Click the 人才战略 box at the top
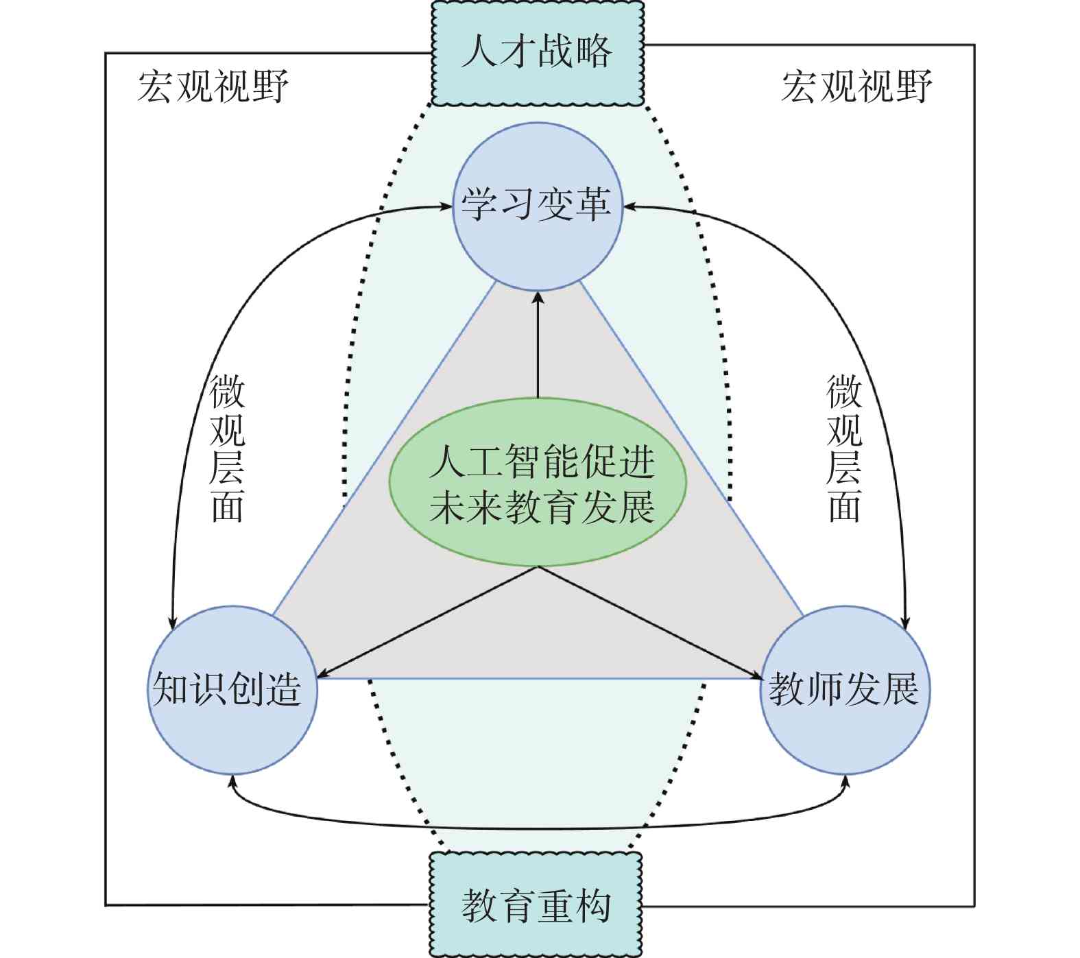(x=537, y=53)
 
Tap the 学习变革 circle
(x=538, y=206)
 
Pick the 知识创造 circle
(x=232, y=690)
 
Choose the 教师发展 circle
(x=844, y=690)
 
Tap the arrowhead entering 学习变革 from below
(x=538, y=298)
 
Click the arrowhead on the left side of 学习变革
(x=446, y=206)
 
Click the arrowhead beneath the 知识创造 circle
(x=232, y=782)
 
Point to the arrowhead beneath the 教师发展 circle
(x=845, y=782)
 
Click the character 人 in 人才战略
(x=479, y=52)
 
